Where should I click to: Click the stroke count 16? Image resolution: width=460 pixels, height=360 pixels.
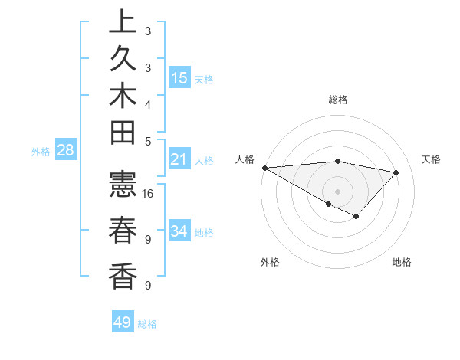pos(149,194)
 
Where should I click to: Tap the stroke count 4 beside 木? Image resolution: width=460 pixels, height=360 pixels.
pos(148,104)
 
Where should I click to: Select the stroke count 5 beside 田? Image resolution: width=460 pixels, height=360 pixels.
pos(148,142)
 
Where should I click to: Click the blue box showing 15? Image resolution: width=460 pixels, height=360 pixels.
pos(179,78)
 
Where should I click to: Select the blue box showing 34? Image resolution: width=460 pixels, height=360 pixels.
pos(179,231)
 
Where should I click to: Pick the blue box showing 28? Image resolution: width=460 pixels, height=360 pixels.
pos(65,151)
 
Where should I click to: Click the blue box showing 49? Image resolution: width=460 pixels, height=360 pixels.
pos(123,322)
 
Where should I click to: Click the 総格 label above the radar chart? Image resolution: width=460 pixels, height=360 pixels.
pos(338,100)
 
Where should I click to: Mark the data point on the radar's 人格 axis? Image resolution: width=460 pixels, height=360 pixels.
pos(264,168)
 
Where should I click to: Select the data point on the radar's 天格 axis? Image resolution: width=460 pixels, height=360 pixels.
pos(396,172)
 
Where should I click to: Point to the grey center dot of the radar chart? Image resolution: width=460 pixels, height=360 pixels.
pos(337,191)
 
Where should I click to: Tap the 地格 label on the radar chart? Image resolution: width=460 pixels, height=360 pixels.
pos(402,262)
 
